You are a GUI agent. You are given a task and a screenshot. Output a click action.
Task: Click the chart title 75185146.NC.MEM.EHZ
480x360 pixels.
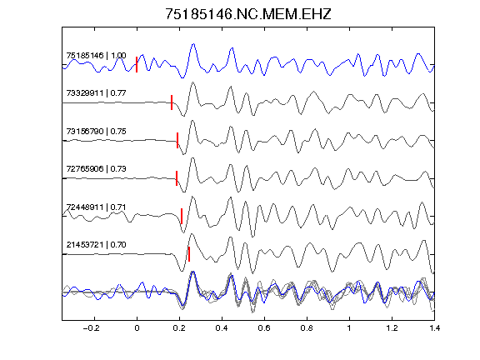tap(248, 14)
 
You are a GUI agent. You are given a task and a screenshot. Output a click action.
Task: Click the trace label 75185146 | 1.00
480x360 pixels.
tap(96, 55)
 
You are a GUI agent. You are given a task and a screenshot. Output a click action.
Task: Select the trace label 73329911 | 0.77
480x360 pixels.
tap(96, 93)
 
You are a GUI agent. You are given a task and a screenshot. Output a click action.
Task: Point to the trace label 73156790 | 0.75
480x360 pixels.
tap(96, 132)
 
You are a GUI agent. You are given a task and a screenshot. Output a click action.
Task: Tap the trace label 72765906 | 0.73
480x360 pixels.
tap(96, 169)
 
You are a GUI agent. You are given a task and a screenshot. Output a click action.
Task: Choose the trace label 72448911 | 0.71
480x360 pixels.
tap(96, 207)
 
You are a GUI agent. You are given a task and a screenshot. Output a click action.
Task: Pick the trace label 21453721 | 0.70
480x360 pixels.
tap(96, 245)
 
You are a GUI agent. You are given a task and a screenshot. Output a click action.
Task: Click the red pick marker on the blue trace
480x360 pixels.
tap(137, 65)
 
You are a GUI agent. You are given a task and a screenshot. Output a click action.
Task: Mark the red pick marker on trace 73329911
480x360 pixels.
tap(172, 102)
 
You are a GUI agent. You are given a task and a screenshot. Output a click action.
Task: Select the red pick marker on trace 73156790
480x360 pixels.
tap(177, 141)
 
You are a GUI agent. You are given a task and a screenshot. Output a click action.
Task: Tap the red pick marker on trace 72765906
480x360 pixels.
tap(177, 178)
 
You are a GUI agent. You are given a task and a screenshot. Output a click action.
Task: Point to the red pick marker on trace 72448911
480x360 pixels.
tap(182, 216)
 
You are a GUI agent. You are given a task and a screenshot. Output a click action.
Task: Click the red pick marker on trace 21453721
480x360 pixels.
tap(189, 254)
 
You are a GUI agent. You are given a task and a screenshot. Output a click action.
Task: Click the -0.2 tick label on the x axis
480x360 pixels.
tap(91, 328)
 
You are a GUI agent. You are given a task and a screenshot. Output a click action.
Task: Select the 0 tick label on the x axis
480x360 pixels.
tap(137, 328)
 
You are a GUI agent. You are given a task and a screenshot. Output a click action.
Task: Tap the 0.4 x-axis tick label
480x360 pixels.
tap(222, 328)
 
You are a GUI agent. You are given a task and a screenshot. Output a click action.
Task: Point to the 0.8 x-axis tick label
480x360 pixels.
tap(307, 328)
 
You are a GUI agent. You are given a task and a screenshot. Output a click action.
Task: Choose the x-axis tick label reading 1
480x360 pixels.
tap(349, 328)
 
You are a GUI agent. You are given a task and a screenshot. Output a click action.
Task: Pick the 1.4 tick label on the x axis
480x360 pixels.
tap(434, 328)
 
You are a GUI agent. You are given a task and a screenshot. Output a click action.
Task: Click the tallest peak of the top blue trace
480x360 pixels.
tap(193, 44)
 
